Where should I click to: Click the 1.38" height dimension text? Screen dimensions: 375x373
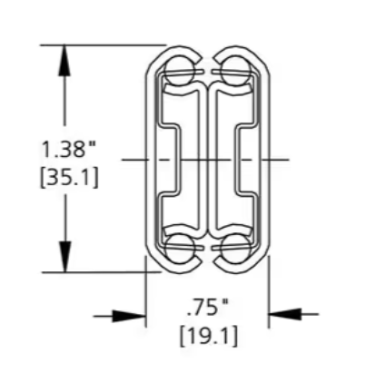pyautogui.click(x=68, y=149)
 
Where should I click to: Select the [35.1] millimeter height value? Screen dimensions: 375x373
pyautogui.click(x=69, y=177)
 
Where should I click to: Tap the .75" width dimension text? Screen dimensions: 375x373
pyautogui.click(x=208, y=309)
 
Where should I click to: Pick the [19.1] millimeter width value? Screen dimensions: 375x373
pyautogui.click(x=209, y=336)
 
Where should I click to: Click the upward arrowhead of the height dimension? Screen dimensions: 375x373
pyautogui.click(x=64, y=60)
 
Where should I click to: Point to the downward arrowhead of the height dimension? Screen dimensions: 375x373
pyautogui.click(x=64, y=257)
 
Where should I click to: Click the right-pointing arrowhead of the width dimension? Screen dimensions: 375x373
pyautogui.click(x=130, y=317)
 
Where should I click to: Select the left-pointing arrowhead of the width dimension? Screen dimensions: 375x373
pyautogui.click(x=284, y=314)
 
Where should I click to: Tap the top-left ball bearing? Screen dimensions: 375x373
pyautogui.click(x=181, y=72)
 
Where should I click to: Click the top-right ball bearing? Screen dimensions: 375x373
pyautogui.click(x=235, y=72)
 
